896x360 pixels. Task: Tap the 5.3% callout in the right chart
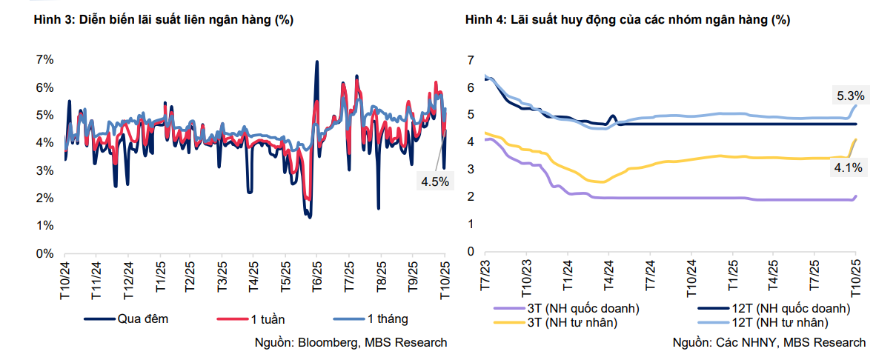click(x=849, y=96)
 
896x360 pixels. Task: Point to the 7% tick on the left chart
click(x=44, y=59)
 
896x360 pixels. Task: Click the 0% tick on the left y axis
click(x=44, y=253)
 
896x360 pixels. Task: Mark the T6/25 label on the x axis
click(x=316, y=280)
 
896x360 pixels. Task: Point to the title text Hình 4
click(x=487, y=21)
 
